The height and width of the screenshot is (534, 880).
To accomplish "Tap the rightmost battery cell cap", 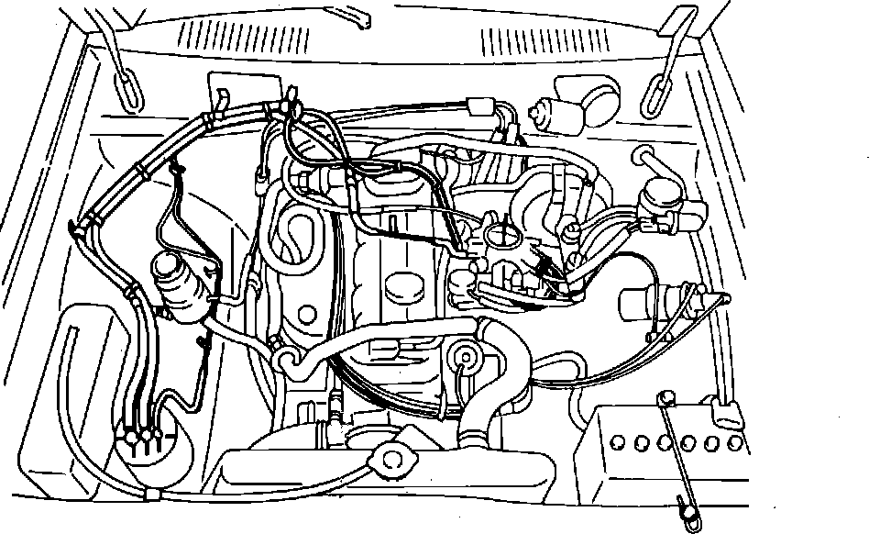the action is click(x=735, y=442).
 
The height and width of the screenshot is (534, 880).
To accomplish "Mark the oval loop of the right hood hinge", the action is click(x=654, y=89).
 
